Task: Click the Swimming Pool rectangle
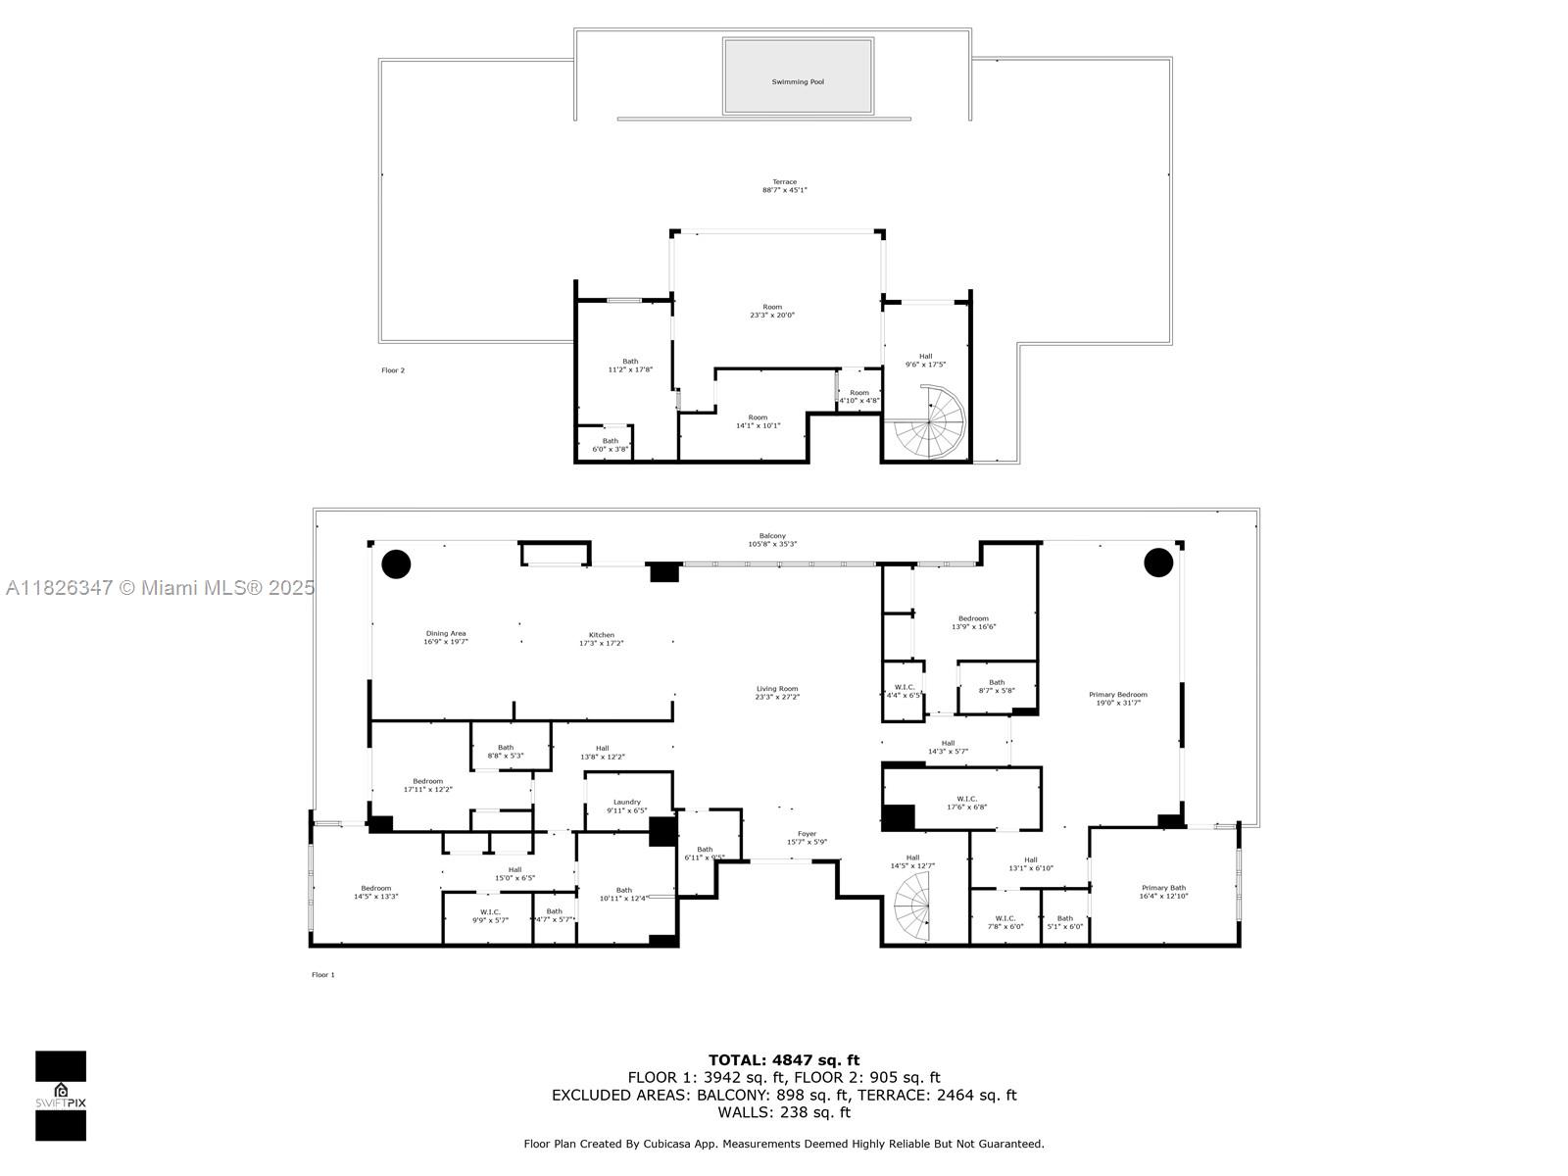798,76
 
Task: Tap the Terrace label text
784,186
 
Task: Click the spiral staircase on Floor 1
912,907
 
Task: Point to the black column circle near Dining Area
396,563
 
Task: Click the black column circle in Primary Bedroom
1158,563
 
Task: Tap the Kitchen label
601,639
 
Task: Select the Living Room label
777,692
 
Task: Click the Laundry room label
626,806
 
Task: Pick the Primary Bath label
1163,892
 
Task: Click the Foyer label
807,838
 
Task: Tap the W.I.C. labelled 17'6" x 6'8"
961,803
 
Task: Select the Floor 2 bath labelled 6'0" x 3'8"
611,445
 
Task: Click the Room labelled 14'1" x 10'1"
758,421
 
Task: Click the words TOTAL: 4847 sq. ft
783,1059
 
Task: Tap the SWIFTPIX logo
61,1096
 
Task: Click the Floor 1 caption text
323,975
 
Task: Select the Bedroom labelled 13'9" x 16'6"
973,622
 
